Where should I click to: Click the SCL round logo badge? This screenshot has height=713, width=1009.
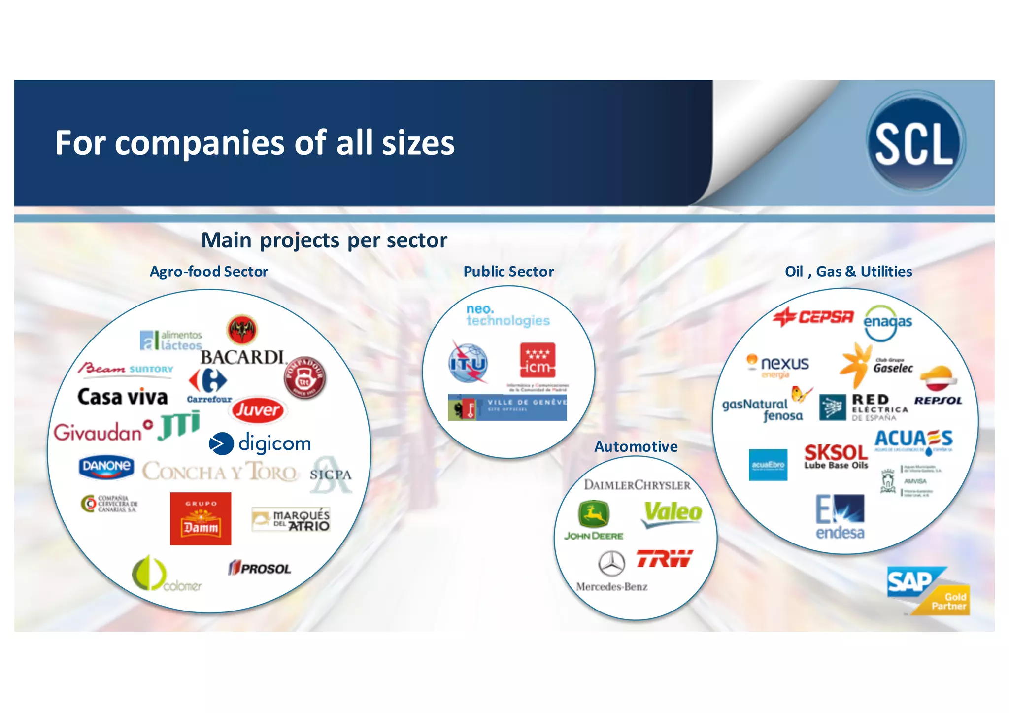[915, 143]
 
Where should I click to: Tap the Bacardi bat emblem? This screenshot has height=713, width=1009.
[242, 330]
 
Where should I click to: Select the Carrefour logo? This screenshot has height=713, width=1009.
[209, 385]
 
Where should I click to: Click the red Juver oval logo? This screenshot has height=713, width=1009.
[257, 410]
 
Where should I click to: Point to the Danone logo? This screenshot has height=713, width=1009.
[106, 467]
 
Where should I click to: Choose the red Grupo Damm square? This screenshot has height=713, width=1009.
[201, 518]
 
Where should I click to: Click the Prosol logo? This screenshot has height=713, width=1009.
[260, 568]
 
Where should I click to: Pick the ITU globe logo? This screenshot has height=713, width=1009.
[468, 364]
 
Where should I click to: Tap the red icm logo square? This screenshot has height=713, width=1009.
[538, 361]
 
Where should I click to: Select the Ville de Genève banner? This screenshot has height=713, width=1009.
[507, 407]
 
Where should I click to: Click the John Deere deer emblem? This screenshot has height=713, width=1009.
[594, 514]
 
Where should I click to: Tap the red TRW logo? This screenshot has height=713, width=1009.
[664, 558]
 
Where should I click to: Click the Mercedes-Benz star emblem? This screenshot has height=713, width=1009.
[612, 563]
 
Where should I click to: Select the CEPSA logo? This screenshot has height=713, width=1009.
[813, 317]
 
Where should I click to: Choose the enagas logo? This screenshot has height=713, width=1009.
[887, 322]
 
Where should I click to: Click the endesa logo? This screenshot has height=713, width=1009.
[840, 517]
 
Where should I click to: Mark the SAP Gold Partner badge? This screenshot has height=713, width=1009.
[928, 591]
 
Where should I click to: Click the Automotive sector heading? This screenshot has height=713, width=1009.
[636, 446]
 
